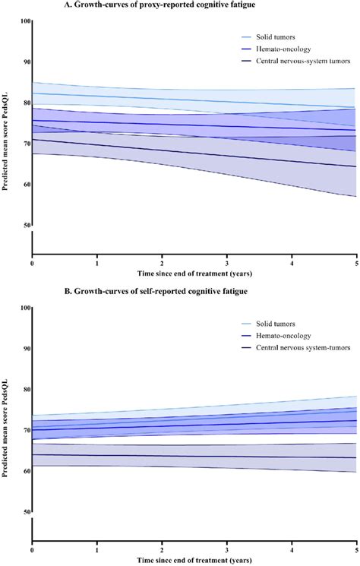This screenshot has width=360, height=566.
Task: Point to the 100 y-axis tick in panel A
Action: pyautogui.click(x=24, y=21)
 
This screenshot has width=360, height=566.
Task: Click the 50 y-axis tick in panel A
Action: pyautogui.click(x=26, y=226)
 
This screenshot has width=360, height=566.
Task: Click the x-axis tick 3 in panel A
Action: pyautogui.click(x=226, y=261)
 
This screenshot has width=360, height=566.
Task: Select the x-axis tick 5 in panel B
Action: pyautogui.click(x=356, y=548)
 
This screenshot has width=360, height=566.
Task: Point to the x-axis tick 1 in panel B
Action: pyautogui.click(x=96, y=548)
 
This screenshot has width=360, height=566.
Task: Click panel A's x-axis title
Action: pyautogui.click(x=194, y=271)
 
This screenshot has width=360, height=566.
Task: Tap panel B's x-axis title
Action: pyautogui.click(x=194, y=558)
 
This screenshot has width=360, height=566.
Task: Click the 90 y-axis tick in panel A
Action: pyautogui.click(x=26, y=62)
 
